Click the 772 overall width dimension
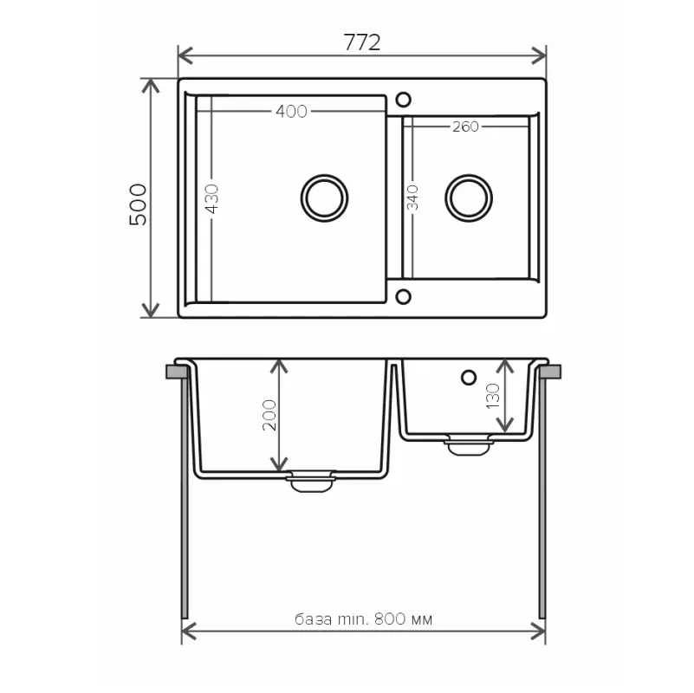tap(361, 43)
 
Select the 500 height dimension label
tap(138, 204)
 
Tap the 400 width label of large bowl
tap(291, 112)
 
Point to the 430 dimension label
tap(212, 198)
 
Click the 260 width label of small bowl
tap(465, 127)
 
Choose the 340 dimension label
tap(412, 198)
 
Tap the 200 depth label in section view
tap(269, 415)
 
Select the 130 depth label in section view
tap(493, 396)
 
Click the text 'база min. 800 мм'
tap(363, 619)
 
